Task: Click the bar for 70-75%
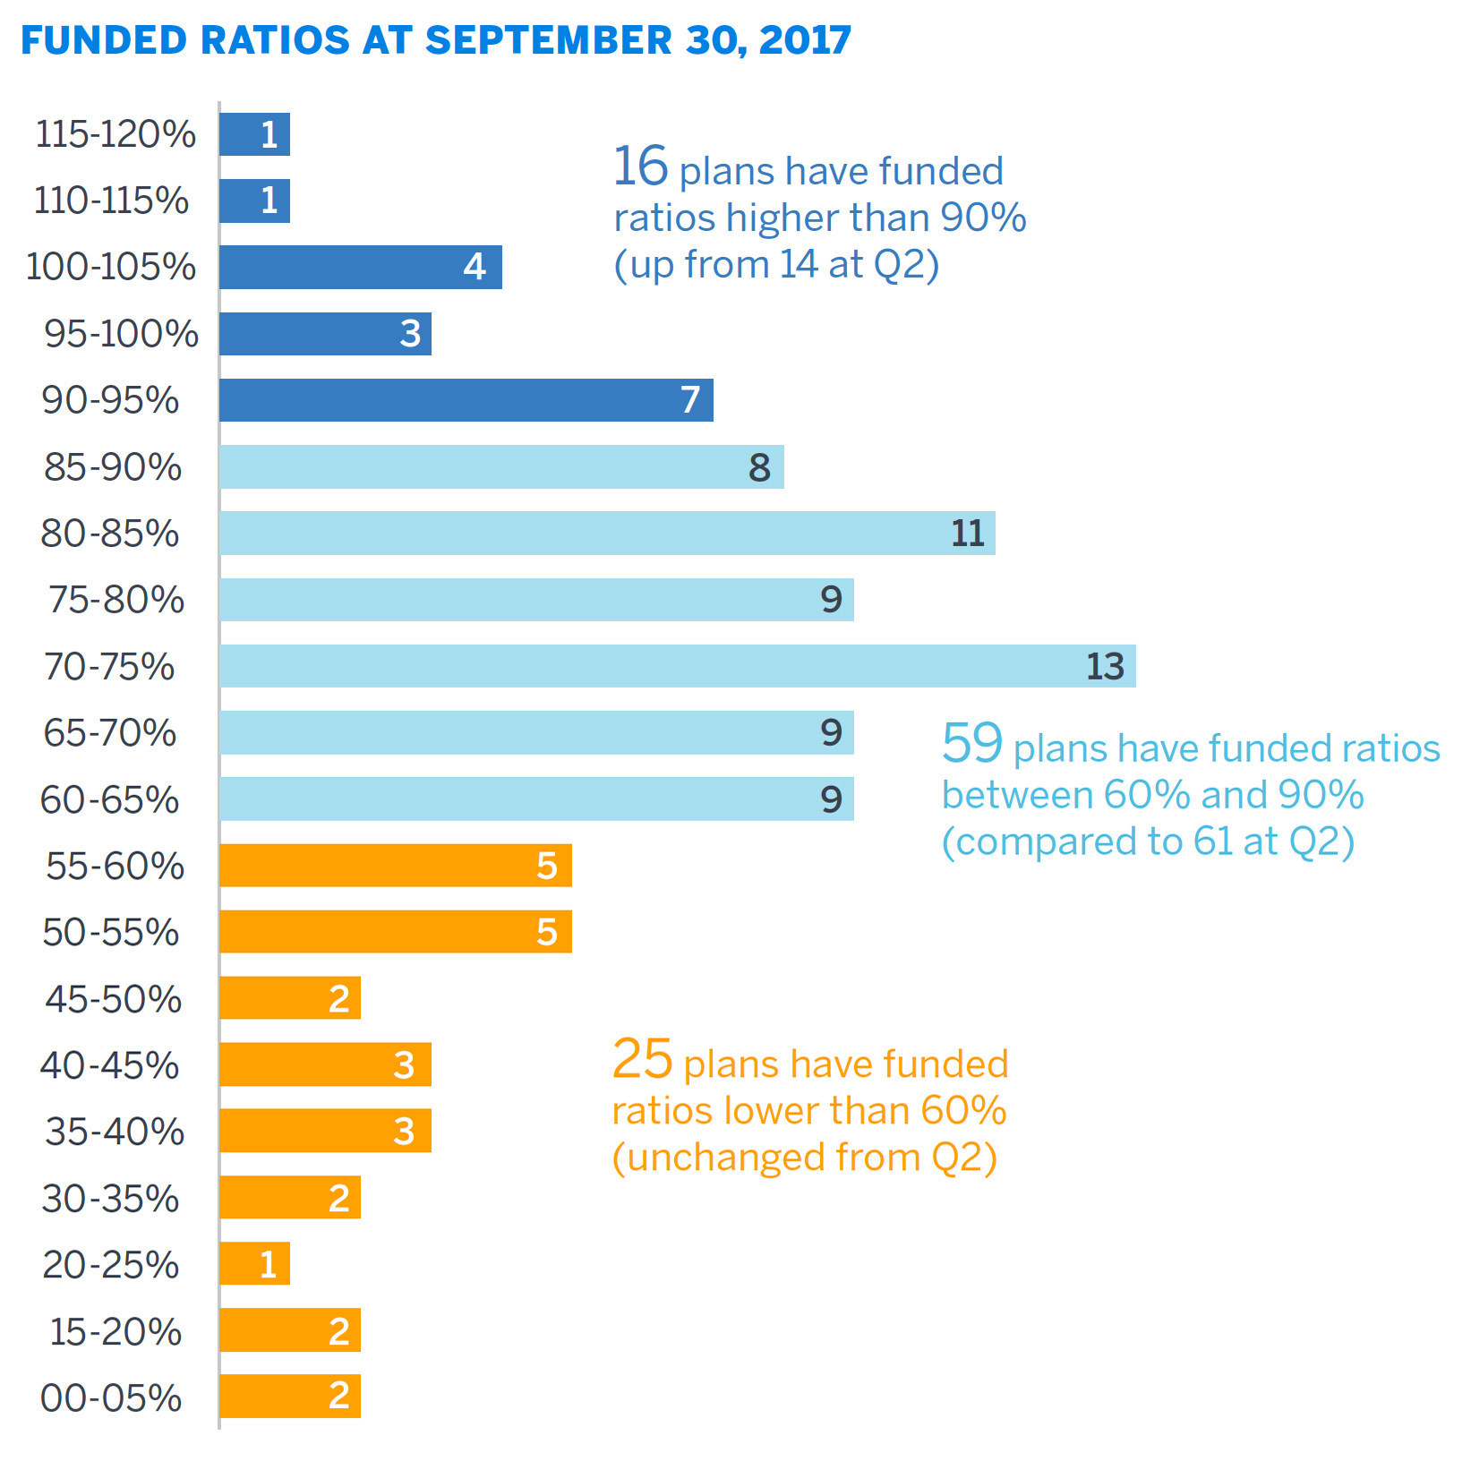[x=677, y=666]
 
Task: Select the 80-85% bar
[x=607, y=534]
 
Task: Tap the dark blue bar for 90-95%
[x=466, y=400]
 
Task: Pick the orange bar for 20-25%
[x=254, y=1264]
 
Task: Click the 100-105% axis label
[x=111, y=267]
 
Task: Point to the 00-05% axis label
[x=111, y=1397]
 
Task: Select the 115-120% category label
[x=115, y=134]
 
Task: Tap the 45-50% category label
[x=114, y=999]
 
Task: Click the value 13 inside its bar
[x=1105, y=667]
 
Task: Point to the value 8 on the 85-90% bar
[x=759, y=467]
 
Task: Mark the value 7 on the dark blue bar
[x=689, y=400]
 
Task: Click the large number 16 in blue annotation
[x=640, y=167]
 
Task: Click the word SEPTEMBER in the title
[x=548, y=40]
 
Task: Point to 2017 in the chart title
[x=805, y=40]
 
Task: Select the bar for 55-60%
[x=395, y=866]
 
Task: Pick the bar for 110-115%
[x=254, y=201]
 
